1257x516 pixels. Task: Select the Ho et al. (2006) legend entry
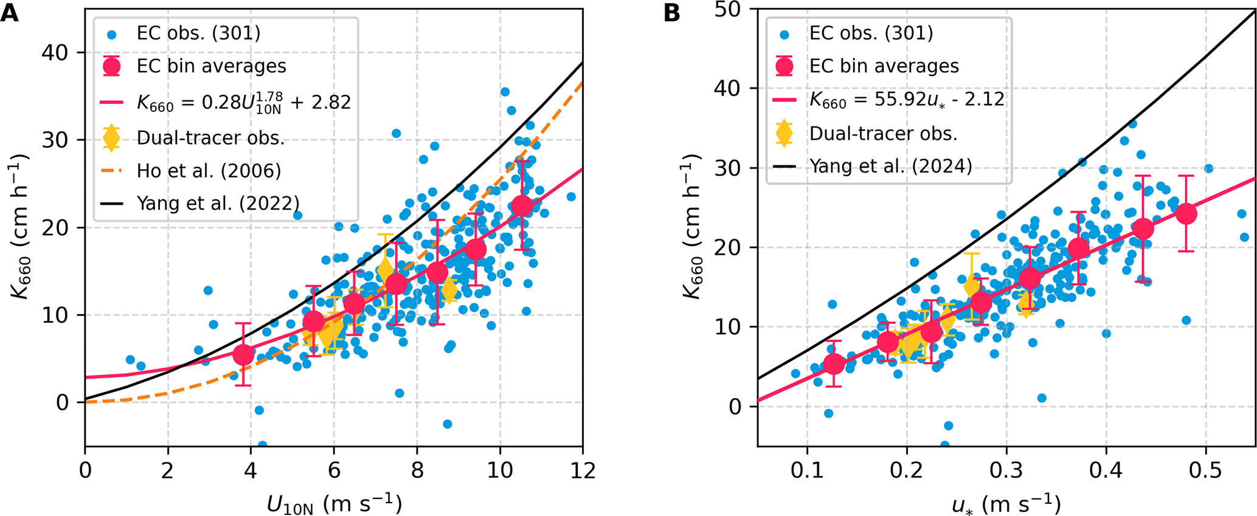[209, 171]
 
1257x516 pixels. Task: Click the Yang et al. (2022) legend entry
[218, 203]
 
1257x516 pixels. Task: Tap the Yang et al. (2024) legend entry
[890, 166]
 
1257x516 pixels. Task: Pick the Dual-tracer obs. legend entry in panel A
[210, 138]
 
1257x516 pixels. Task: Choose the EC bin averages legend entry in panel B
[884, 66]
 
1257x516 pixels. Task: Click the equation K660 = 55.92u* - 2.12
[906, 100]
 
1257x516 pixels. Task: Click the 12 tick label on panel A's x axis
[583, 471]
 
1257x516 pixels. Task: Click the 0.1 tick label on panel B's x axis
[807, 471]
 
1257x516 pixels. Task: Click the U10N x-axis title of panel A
[334, 504]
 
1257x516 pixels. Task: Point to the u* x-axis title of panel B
[1006, 504]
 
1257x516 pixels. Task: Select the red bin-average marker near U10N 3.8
[243, 354]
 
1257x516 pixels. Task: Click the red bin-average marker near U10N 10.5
[522, 205]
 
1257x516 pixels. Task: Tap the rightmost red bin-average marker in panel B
[1186, 213]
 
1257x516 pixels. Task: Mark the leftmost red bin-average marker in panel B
[834, 363]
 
